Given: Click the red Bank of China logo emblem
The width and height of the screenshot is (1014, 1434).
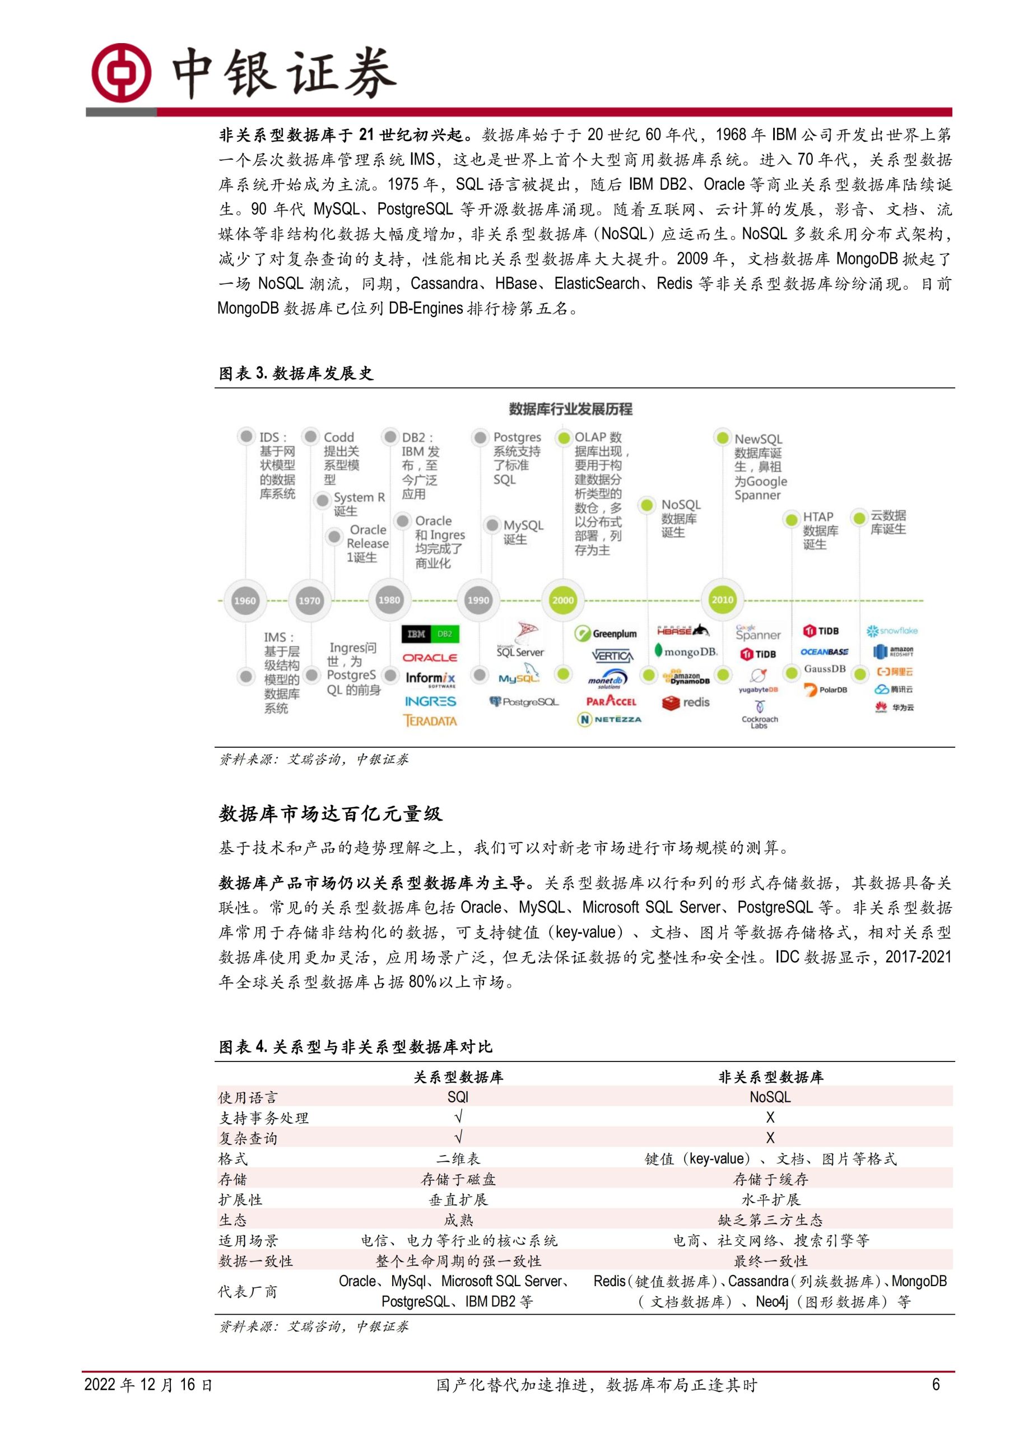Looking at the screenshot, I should (121, 73).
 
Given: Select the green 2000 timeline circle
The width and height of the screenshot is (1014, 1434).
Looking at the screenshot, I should (562, 599).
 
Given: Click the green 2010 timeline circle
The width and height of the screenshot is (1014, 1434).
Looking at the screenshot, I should (722, 599).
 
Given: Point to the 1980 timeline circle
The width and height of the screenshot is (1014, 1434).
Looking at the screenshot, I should (389, 599).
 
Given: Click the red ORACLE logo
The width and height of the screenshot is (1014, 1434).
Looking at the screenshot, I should (429, 658).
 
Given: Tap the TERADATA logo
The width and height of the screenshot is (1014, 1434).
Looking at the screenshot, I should (430, 721).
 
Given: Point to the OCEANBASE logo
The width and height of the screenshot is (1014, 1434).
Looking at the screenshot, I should (824, 651).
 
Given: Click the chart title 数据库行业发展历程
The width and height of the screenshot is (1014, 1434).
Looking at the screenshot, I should (570, 409).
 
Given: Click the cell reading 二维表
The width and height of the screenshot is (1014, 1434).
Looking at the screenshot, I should (458, 1158).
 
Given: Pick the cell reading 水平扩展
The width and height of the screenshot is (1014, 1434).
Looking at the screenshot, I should (770, 1199).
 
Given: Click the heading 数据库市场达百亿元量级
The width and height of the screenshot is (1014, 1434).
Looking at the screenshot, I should (330, 814).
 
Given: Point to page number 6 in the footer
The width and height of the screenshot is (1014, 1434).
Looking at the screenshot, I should (935, 1385).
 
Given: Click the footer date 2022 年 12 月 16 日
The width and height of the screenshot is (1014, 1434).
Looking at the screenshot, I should (148, 1385).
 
